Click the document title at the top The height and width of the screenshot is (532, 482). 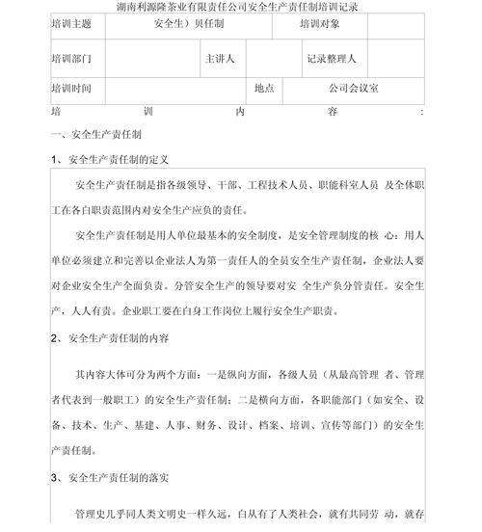[240, 8]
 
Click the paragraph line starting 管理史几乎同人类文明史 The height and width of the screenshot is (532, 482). [251, 516]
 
